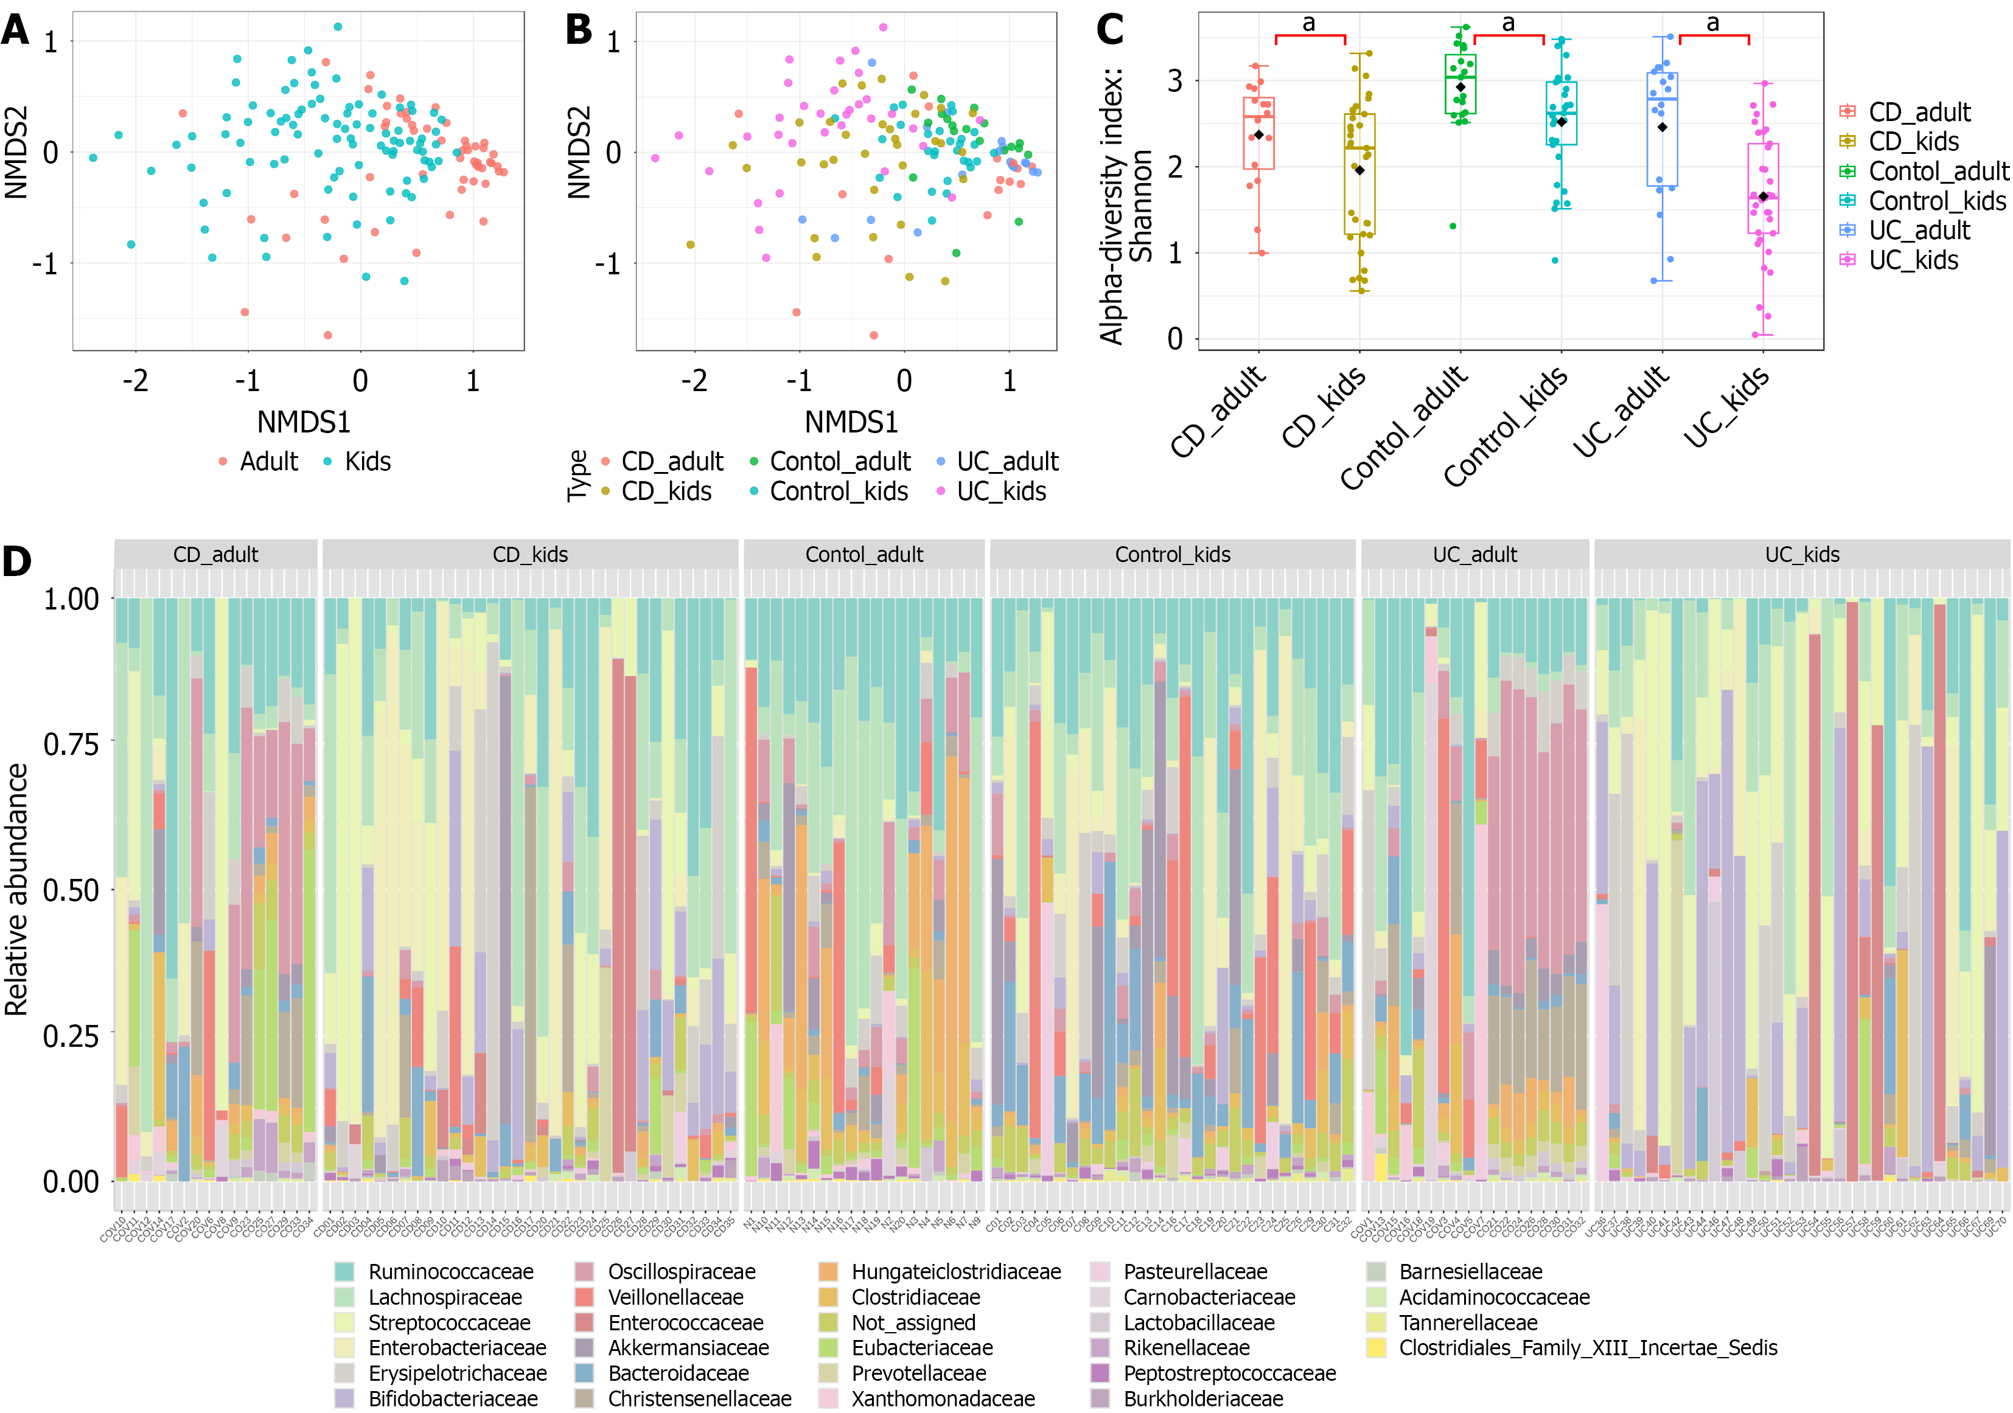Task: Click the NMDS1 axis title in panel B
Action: tap(851, 423)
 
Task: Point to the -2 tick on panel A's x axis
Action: tap(135, 381)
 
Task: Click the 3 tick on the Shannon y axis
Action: tap(1175, 81)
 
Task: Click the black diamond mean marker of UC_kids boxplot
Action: tap(1763, 196)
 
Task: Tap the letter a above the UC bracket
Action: tap(1712, 24)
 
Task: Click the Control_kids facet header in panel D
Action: tap(1172, 555)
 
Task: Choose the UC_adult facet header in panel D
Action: tap(1474, 555)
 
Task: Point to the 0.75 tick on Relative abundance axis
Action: tap(71, 744)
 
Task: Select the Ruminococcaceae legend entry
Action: tap(450, 1272)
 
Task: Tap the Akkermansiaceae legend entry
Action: tap(688, 1348)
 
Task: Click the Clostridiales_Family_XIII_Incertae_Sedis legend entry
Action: tap(1588, 1348)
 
